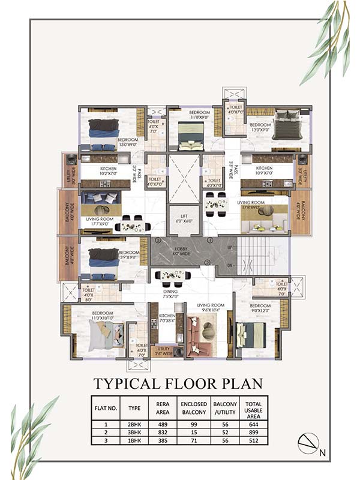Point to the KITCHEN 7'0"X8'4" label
[167, 319]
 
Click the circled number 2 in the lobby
[207, 262]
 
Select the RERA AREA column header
[162, 409]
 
